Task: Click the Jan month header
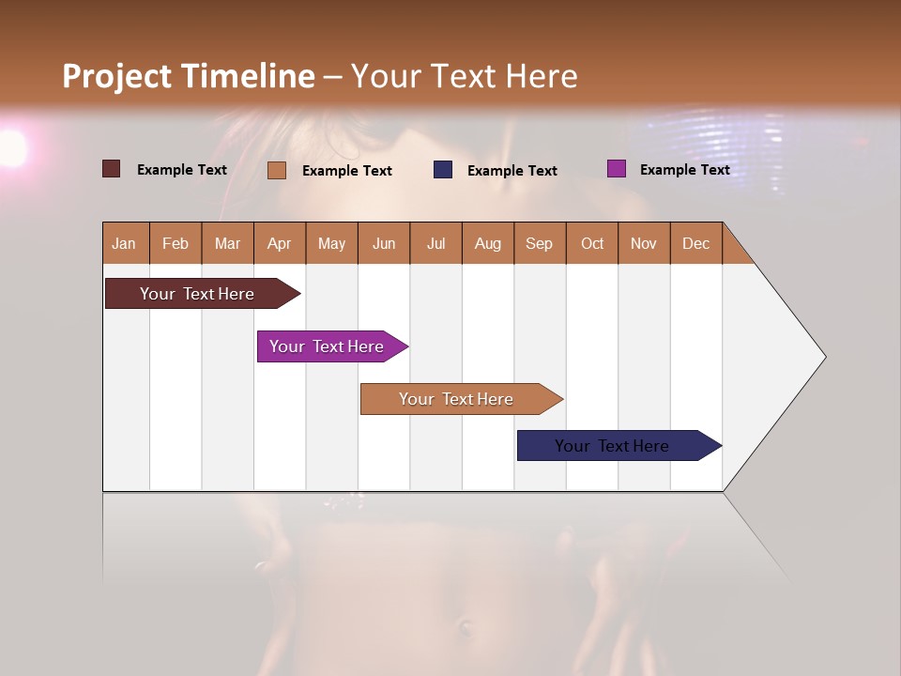124,243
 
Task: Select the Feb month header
176,243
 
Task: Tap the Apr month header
279,243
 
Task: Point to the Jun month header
384,243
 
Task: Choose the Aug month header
487,243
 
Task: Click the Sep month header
539,243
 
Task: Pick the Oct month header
592,243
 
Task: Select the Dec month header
695,243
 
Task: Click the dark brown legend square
111,169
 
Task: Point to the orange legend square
276,170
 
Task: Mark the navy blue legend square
443,169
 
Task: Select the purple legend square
616,169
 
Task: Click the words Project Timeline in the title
188,76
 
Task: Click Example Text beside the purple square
684,170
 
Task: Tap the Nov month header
644,243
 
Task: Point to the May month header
331,243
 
